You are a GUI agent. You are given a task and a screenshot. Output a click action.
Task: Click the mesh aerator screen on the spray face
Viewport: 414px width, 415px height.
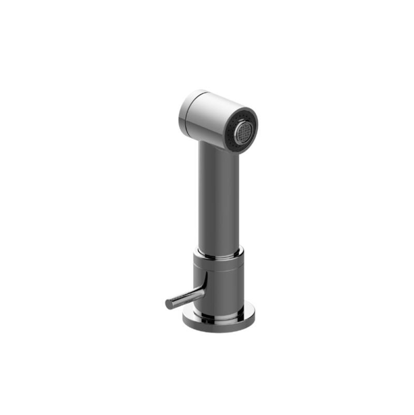click(243, 132)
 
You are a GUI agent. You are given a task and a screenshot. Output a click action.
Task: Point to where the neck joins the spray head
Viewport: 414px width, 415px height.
click(215, 143)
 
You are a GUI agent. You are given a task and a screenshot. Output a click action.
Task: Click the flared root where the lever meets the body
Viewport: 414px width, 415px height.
click(201, 290)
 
